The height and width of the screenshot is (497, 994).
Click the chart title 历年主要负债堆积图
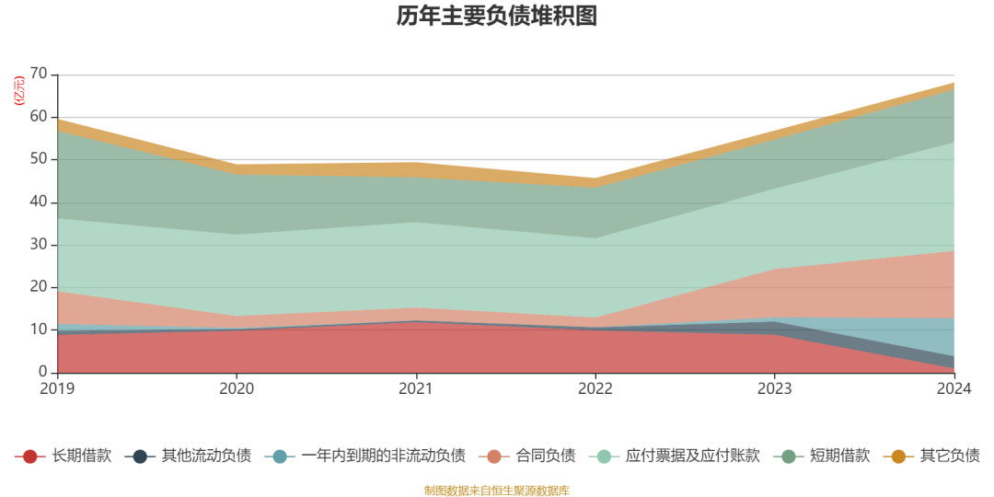[497, 16]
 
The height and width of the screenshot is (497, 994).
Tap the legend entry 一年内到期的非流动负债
[383, 456]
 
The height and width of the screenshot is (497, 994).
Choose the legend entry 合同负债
[545, 456]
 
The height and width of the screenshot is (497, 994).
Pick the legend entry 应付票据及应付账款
[692, 456]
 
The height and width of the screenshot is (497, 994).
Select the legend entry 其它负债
[949, 456]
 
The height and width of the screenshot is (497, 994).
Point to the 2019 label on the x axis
[57, 389]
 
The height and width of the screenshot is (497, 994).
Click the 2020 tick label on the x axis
[237, 389]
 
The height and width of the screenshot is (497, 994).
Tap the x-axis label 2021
[416, 389]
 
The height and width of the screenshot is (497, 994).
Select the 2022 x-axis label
[595, 389]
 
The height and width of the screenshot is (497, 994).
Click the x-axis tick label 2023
[775, 389]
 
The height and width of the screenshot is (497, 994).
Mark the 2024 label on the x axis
[954, 389]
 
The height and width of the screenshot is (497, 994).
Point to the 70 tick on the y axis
[39, 75]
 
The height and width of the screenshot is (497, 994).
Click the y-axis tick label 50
[39, 159]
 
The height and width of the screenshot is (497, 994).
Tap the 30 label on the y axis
[39, 245]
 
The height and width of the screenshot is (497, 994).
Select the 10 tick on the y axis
[39, 329]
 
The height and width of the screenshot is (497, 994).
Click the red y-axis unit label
[18, 90]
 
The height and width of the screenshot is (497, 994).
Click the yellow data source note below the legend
[497, 490]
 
